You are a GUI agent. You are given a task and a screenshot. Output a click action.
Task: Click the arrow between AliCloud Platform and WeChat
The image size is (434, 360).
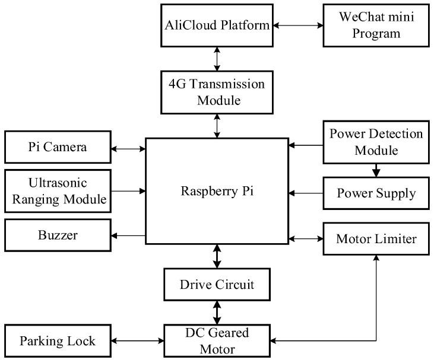point(297,26)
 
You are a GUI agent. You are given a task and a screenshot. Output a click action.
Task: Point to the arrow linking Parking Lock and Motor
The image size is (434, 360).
point(138,341)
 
